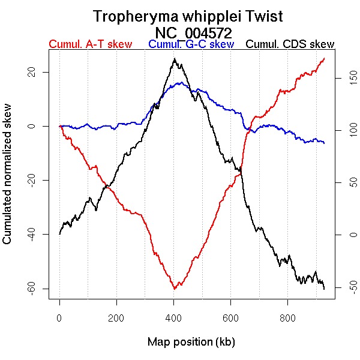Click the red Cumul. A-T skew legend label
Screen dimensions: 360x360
(90, 44)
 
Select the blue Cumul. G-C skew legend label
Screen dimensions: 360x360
(191, 44)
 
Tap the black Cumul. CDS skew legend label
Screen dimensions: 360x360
(290, 44)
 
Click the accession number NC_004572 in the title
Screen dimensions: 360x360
(193, 32)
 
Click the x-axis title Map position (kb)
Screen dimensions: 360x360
(191, 342)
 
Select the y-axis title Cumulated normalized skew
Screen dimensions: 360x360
(8, 181)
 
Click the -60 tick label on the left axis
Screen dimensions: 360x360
(34, 289)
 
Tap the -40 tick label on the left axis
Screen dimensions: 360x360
(34, 235)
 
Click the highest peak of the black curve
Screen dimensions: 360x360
(174, 58)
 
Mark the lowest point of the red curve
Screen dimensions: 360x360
(174, 289)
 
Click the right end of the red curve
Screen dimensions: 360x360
(324, 58)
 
